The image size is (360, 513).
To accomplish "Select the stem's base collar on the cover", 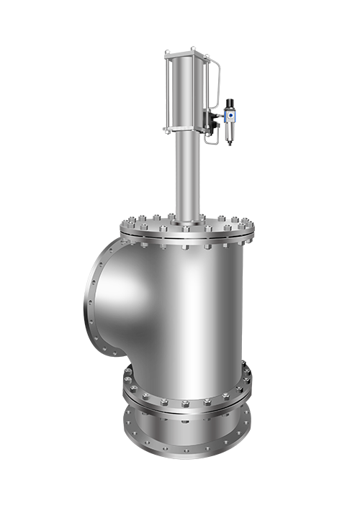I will pos(185,216).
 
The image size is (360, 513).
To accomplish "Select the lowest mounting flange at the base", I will pos(187,439).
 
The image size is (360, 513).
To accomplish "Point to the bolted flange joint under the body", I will pos(187,394).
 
